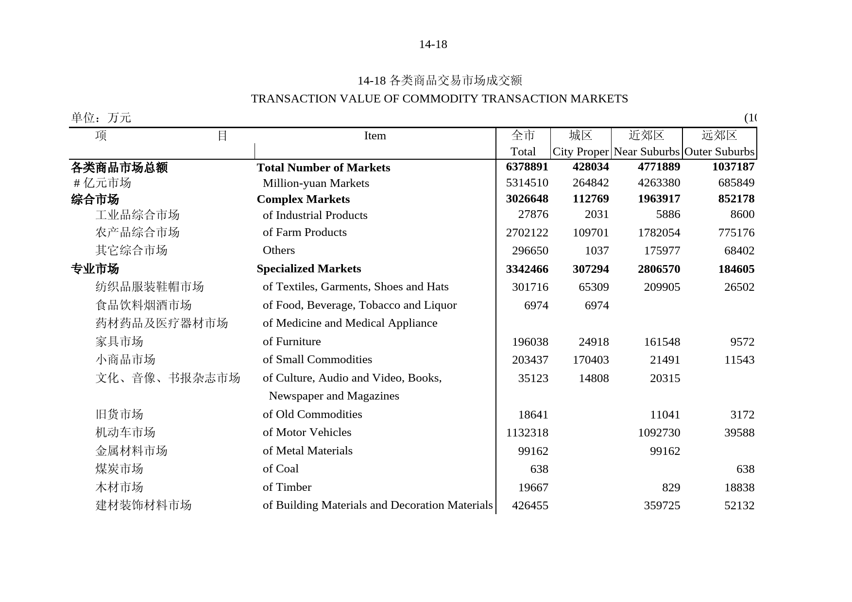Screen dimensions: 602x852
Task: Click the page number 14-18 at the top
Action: tap(433, 45)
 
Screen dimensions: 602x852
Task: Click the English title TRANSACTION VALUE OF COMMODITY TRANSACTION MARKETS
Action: tap(439, 99)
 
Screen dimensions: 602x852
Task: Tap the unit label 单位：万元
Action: tap(101, 117)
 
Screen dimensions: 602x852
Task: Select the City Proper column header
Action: tap(580, 151)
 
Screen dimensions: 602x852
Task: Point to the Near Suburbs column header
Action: tap(646, 151)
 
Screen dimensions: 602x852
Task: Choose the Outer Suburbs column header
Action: tap(719, 151)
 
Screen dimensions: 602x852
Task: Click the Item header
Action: tap(375, 136)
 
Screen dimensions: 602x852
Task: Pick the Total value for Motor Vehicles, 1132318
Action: tap(527, 433)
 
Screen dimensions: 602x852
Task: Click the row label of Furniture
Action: tap(291, 341)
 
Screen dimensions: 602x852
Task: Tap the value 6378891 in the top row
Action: tap(527, 167)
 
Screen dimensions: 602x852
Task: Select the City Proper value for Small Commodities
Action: tap(591, 360)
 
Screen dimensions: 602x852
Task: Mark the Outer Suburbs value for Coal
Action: tap(745, 469)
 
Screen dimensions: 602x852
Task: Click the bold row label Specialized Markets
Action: tap(308, 268)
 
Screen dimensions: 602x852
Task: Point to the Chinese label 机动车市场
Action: tap(125, 433)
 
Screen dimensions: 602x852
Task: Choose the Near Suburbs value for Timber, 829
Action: tap(671, 487)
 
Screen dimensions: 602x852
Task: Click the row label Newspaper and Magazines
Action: tap(334, 396)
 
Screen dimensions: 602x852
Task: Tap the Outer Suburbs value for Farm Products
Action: tap(736, 233)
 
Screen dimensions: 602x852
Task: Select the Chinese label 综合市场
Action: tap(95, 200)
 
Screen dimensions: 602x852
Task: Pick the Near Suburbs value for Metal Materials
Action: tap(665, 451)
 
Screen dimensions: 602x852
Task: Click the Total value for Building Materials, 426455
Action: tap(530, 505)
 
